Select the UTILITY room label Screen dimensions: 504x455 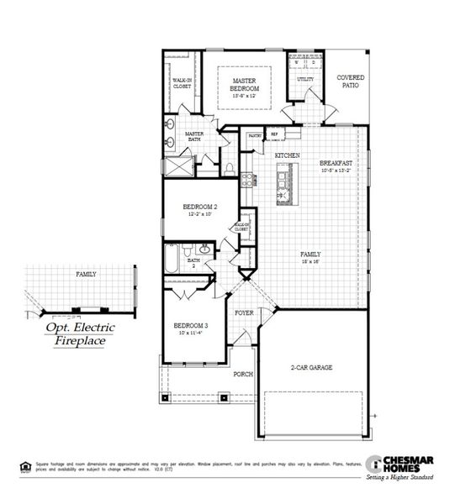point(304,80)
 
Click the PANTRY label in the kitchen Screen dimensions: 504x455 point(255,135)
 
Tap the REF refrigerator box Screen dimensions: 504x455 point(274,134)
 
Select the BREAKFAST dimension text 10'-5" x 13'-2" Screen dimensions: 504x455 point(335,170)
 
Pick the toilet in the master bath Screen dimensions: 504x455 point(229,169)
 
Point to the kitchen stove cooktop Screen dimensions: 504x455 point(248,178)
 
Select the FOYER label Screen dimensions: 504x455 point(244,312)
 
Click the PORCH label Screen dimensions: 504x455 point(243,375)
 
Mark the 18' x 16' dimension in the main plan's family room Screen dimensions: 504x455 point(311,261)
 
